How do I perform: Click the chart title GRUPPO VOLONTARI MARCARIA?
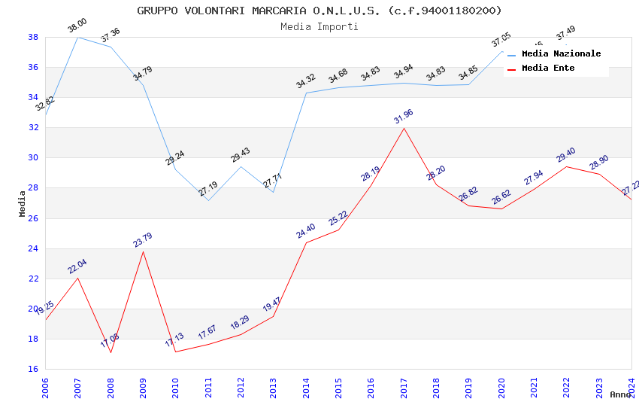(319, 11)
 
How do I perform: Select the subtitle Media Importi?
(319, 26)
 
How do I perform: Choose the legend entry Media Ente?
(548, 68)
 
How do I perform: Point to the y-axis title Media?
(23, 203)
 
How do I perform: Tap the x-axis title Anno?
(620, 394)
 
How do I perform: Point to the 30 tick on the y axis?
(33, 158)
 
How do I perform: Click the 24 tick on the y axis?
(33, 248)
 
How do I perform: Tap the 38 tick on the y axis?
(33, 37)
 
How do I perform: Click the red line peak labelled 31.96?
(404, 128)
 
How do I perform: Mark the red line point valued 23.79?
(143, 251)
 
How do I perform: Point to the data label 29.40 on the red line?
(566, 155)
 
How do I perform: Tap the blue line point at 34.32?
(306, 93)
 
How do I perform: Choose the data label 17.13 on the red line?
(174, 340)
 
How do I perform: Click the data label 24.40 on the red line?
(306, 230)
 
